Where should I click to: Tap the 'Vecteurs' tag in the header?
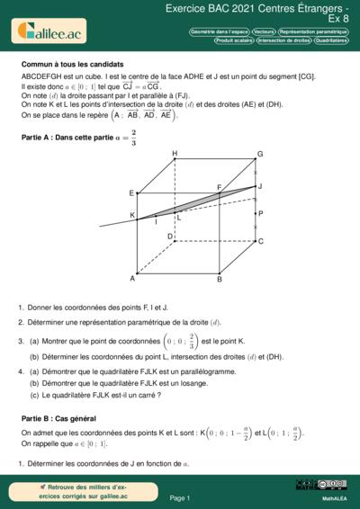pyautogui.click(x=239, y=31)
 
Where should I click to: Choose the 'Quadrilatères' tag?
pyautogui.click(x=331, y=40)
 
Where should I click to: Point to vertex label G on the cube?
pyautogui.click(x=260, y=154)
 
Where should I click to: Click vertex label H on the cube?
pyautogui.click(x=174, y=154)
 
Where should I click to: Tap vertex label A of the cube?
pyautogui.click(x=132, y=279)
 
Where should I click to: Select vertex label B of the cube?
pyautogui.click(x=219, y=280)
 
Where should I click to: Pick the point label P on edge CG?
pyautogui.click(x=260, y=214)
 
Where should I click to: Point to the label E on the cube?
pyautogui.click(x=131, y=193)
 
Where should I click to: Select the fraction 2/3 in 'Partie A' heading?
pyautogui.click(x=133, y=138)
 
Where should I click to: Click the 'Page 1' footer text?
pyautogui.click(x=180, y=497)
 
